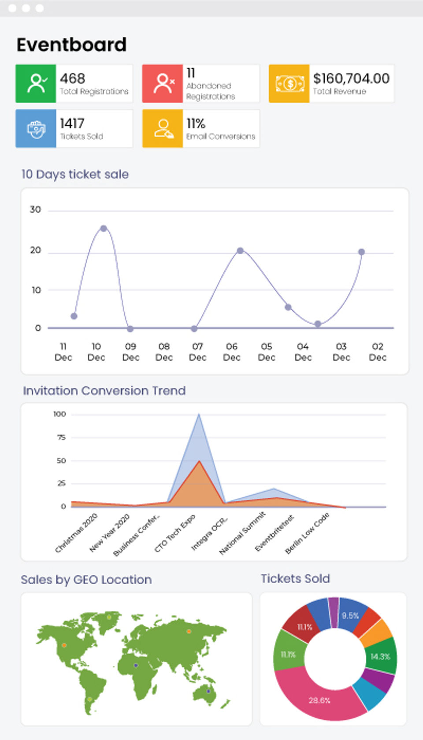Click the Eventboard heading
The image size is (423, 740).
71,44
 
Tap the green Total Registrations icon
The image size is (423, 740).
36,83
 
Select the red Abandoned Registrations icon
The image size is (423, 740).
162,83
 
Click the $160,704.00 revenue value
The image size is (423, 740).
351,78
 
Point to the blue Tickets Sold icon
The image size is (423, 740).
36,129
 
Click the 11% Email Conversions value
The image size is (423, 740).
196,123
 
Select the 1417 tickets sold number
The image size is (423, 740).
72,123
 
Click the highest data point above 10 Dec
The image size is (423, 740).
104,228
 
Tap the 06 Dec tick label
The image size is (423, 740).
232,351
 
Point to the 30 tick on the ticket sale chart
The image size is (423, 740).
35,210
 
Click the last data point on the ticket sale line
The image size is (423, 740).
361,252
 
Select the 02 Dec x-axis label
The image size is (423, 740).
378,351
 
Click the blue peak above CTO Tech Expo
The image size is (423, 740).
199,414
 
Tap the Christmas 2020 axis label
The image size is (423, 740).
76,533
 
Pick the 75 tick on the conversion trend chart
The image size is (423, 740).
61,437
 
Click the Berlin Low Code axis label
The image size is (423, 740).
308,533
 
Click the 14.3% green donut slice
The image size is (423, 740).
380,656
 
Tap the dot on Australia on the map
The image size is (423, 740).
208,691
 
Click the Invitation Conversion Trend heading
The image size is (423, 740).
104,391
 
